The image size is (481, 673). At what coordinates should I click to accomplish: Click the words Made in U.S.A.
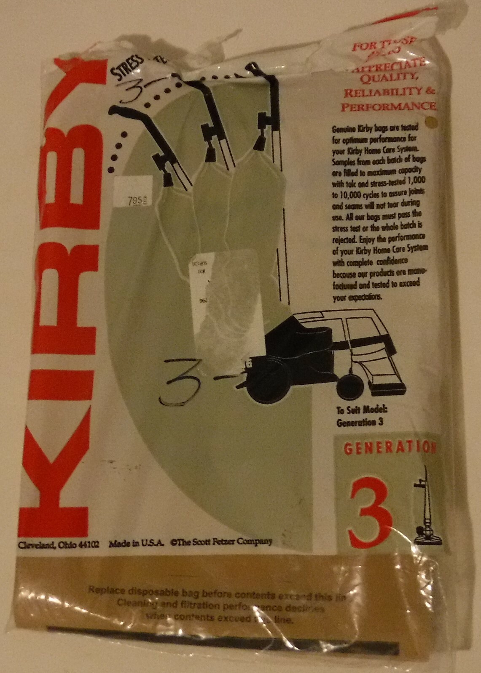pos(136,543)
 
